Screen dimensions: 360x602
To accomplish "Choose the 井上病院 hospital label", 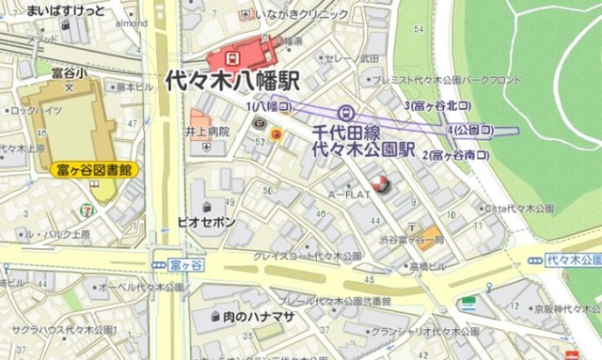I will [x=208, y=133].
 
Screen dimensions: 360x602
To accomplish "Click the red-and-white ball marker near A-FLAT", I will [x=380, y=184].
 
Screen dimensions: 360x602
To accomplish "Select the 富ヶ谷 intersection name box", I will [x=189, y=267].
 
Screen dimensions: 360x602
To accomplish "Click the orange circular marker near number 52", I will [x=276, y=136].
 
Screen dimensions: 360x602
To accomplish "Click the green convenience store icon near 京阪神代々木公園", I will [x=467, y=304].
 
